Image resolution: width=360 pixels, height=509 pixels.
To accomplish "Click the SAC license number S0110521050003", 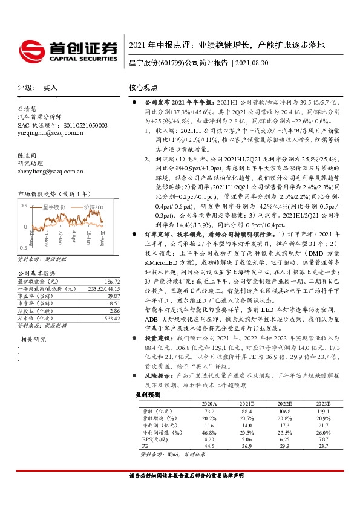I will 79,125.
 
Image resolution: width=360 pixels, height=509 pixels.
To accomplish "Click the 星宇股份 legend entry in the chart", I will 54,207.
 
